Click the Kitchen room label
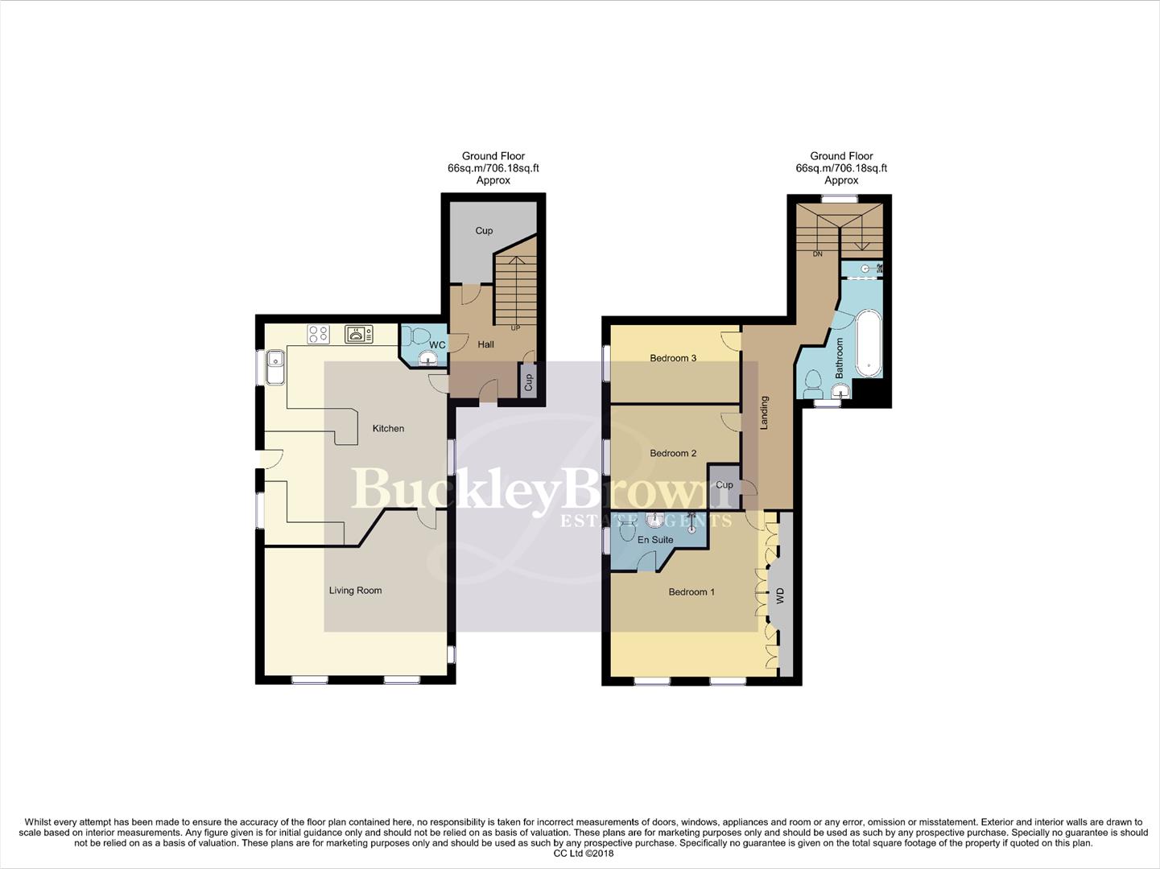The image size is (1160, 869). pyautogui.click(x=388, y=429)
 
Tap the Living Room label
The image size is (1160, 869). pyautogui.click(x=355, y=591)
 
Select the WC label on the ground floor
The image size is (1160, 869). pyautogui.click(x=437, y=345)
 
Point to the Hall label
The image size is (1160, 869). pyautogui.click(x=485, y=344)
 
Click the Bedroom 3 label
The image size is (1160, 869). pyautogui.click(x=673, y=358)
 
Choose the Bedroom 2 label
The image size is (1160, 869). pyautogui.click(x=673, y=453)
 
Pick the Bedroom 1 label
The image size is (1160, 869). pyautogui.click(x=691, y=592)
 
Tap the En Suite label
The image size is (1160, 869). pyautogui.click(x=655, y=540)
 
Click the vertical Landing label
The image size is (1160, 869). pyautogui.click(x=765, y=413)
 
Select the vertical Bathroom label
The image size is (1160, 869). pyautogui.click(x=839, y=358)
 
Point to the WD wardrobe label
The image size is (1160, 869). pyautogui.click(x=779, y=596)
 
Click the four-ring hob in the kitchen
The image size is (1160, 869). pyautogui.click(x=318, y=334)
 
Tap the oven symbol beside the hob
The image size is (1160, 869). pyautogui.click(x=358, y=334)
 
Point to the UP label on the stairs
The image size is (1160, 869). pyautogui.click(x=515, y=328)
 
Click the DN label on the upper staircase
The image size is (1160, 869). pyautogui.click(x=817, y=254)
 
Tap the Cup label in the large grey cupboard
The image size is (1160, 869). pyautogui.click(x=484, y=231)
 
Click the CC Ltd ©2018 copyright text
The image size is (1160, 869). pyautogui.click(x=584, y=854)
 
